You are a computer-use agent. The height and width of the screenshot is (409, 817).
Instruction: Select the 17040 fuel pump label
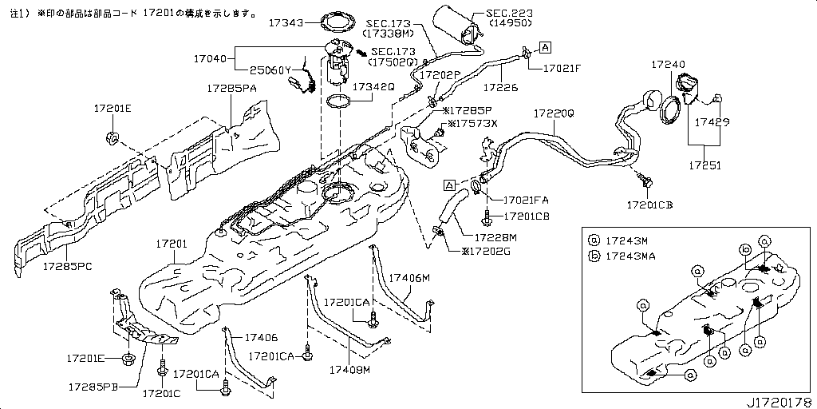click(211, 58)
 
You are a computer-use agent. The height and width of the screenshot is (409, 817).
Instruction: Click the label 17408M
click(349, 369)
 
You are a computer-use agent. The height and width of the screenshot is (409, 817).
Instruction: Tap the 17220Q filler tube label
click(554, 114)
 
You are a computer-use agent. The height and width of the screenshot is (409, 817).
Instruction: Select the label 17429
click(712, 123)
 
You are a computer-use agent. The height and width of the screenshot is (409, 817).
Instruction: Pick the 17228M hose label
click(495, 237)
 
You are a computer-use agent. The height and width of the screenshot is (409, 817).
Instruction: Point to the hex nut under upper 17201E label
click(112, 140)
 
